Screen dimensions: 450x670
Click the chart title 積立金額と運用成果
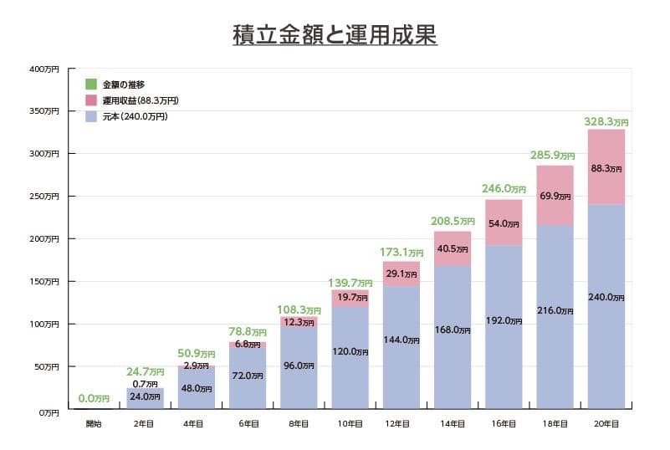coord(335,36)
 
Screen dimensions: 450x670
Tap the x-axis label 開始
coord(94,425)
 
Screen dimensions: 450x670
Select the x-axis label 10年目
coord(350,425)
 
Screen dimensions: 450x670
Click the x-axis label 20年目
coord(606,425)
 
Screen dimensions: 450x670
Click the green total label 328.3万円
coord(606,122)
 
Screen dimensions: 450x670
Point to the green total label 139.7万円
coord(350,284)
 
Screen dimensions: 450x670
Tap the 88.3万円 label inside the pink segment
coord(606,168)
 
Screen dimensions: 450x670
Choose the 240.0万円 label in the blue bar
coord(606,297)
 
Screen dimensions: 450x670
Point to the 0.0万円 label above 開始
coord(94,399)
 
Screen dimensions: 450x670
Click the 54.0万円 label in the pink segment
coord(504,223)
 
